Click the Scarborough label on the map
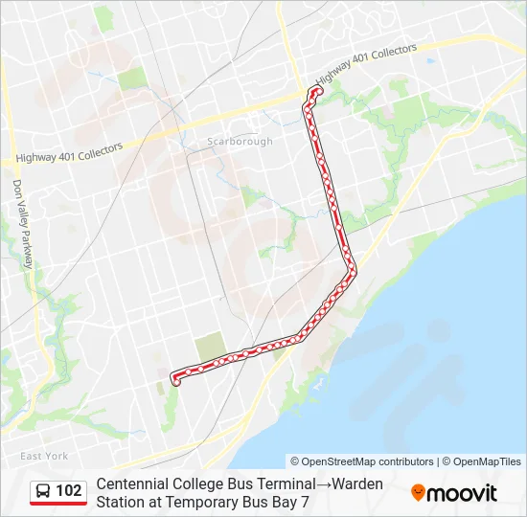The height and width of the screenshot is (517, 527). click(x=241, y=142)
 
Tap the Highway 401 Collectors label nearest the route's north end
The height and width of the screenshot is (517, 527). click(x=366, y=63)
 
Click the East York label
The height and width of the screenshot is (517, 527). click(x=43, y=456)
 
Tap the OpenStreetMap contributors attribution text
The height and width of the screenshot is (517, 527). click(x=362, y=461)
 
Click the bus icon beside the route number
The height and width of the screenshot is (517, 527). click(x=43, y=491)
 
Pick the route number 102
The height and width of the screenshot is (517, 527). click(x=69, y=491)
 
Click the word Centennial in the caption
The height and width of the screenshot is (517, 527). click(x=132, y=483)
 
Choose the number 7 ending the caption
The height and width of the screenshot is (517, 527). click(x=305, y=501)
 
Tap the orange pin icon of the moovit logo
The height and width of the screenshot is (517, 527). click(x=418, y=493)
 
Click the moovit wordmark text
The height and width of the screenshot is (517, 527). click(x=463, y=493)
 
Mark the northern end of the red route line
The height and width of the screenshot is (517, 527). click(x=314, y=90)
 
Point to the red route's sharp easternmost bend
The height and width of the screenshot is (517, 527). click(x=355, y=270)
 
